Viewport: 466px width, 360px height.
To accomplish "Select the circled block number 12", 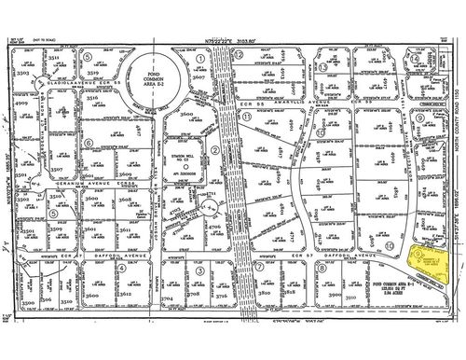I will coord(240,56).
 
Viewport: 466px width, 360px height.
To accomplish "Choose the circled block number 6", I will coord(88,56).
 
